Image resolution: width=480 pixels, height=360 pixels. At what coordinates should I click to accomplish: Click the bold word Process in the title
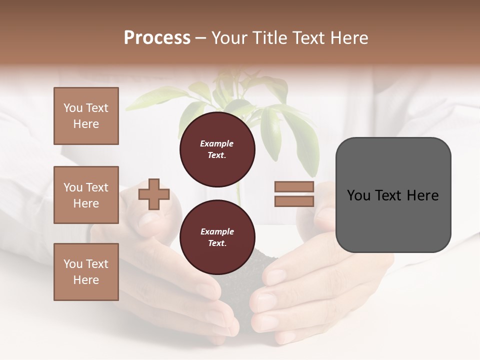tap(157, 38)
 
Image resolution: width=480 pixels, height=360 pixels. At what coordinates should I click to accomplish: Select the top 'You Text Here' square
tap(86, 116)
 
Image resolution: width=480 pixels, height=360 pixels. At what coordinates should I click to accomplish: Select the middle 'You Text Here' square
tap(86, 195)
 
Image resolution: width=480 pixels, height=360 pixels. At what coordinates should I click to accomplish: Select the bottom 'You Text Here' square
tap(86, 271)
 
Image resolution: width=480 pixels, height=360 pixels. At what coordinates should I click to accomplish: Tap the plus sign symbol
tap(154, 193)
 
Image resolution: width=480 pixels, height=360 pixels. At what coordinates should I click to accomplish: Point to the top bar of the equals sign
tap(294, 187)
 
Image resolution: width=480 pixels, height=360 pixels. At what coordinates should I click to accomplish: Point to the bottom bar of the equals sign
tap(294, 201)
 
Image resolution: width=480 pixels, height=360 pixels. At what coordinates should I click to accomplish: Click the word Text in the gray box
tap(393, 195)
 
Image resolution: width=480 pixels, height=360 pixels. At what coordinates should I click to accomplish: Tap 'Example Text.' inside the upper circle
tap(217, 149)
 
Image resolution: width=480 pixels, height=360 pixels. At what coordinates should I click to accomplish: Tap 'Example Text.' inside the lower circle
tap(217, 237)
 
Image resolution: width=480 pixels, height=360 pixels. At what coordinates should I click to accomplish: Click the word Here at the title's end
tap(349, 38)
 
